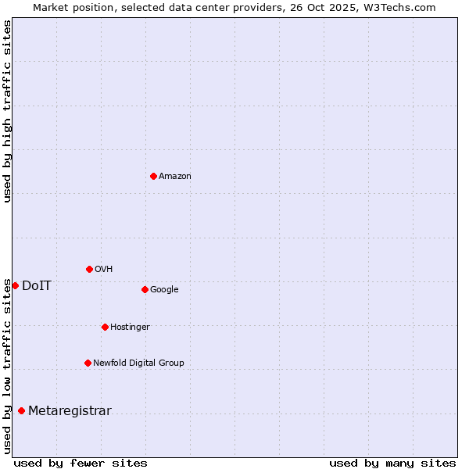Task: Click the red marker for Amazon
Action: click(153, 176)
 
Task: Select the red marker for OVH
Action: click(89, 269)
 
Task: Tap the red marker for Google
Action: click(145, 289)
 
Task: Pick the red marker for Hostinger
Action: click(105, 327)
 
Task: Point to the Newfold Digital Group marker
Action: click(88, 363)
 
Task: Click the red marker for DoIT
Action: click(15, 285)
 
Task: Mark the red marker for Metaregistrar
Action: click(21, 410)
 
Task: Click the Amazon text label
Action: click(175, 177)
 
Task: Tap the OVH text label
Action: click(104, 270)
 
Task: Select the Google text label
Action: click(164, 290)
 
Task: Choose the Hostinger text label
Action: click(130, 328)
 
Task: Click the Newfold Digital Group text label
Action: click(138, 363)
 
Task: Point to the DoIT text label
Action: click(37, 286)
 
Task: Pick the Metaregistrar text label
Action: click(70, 412)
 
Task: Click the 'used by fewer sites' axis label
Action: click(81, 464)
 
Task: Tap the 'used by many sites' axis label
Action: click(392, 464)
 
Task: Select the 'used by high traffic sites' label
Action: click(7, 111)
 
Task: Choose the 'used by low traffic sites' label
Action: click(7, 366)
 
